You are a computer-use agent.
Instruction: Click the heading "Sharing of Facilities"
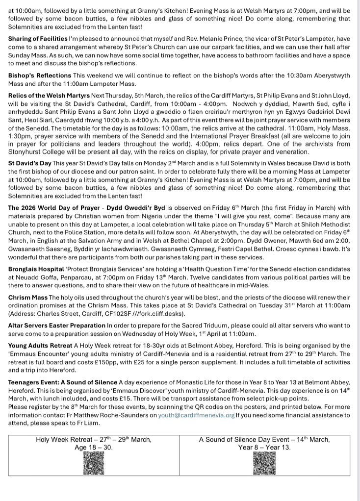38,38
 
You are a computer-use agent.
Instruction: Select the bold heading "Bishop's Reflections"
40,75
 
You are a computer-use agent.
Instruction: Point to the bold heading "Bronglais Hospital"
36,269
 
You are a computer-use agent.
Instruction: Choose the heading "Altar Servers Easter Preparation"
56,325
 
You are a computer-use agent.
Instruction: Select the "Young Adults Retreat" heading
40,346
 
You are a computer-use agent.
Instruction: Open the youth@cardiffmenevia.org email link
196,415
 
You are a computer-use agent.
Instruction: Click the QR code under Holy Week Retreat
94,463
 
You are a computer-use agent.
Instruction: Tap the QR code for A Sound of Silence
264,463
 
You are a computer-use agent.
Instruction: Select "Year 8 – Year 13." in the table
264,447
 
